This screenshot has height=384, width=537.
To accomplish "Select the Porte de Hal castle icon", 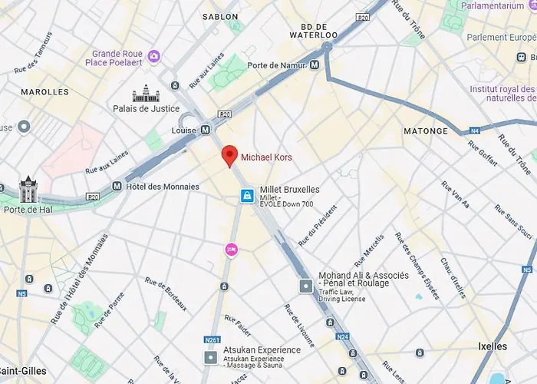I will click(x=28, y=189).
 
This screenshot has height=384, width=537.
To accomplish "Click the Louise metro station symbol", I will click(x=205, y=131).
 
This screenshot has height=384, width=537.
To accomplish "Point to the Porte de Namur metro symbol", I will click(x=315, y=66).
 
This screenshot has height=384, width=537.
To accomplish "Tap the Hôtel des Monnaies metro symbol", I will click(x=117, y=186).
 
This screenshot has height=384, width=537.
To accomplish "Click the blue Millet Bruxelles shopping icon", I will click(x=247, y=196).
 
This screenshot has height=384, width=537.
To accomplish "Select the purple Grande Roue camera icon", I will click(x=154, y=56).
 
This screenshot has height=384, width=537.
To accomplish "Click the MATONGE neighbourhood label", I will click(x=426, y=131).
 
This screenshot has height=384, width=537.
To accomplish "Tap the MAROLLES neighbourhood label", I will click(x=45, y=92).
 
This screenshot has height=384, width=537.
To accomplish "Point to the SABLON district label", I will click(x=220, y=16).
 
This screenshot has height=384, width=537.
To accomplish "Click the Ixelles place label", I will click(x=493, y=346).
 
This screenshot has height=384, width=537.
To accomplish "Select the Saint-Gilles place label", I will click(x=22, y=371).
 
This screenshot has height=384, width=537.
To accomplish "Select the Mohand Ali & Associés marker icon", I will click(x=305, y=286).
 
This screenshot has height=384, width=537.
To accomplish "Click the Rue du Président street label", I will click(x=318, y=226).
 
